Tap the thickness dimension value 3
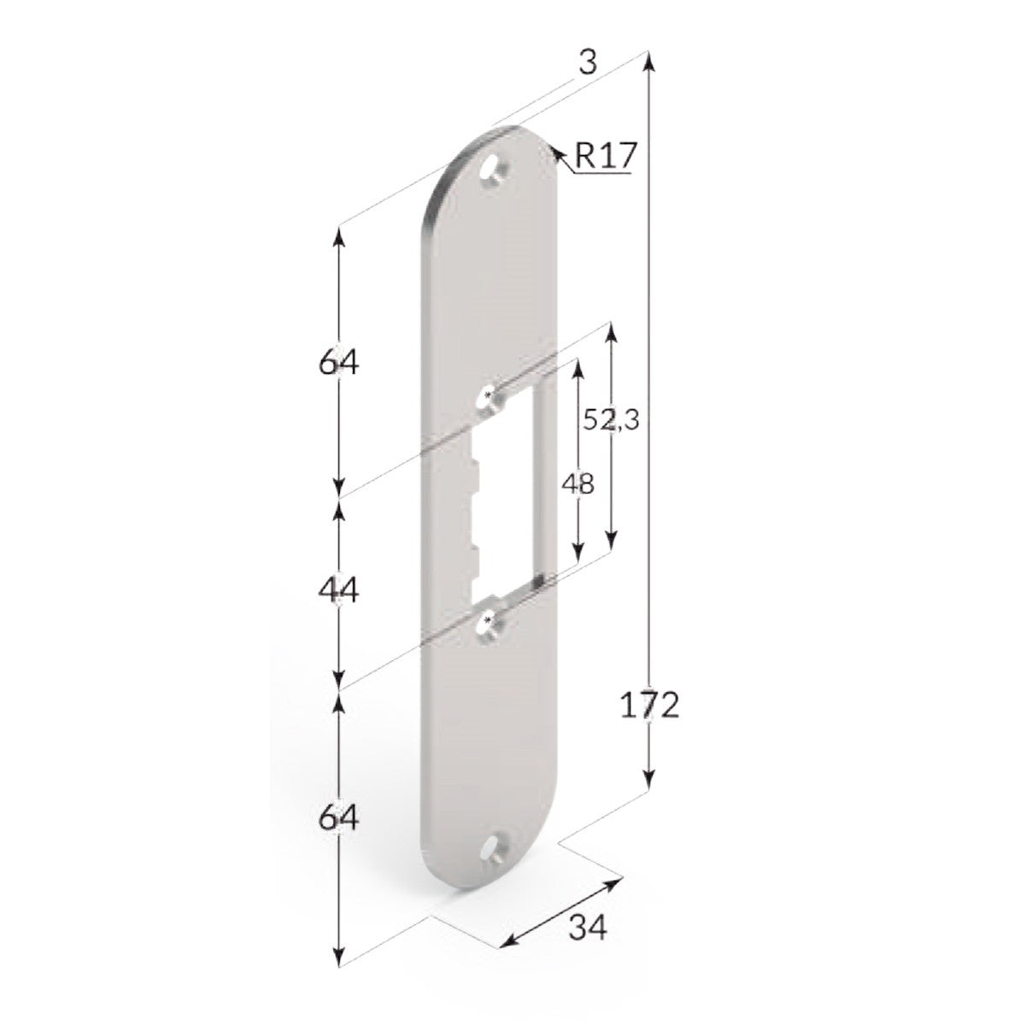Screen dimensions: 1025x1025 586,62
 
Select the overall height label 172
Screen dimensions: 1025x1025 650,706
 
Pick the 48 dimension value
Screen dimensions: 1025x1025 578,484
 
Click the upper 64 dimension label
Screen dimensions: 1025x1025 339,363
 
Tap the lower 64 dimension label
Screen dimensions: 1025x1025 339,818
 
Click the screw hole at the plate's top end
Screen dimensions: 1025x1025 493,171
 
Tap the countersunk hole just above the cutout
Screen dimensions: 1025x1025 488,398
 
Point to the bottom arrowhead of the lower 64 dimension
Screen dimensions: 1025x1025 340,958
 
